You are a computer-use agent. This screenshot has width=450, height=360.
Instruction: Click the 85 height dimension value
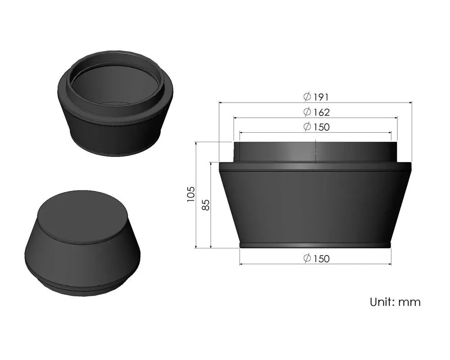coord(206,205)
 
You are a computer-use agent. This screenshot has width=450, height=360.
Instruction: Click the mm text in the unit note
coord(409,301)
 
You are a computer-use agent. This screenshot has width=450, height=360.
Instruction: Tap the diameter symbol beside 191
coord(307,97)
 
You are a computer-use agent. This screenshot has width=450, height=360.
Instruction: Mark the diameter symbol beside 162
coord(307,112)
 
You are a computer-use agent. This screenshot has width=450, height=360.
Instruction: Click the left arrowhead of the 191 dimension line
coord(221,103)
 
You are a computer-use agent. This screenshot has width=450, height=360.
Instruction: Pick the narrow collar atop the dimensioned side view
coord(288,152)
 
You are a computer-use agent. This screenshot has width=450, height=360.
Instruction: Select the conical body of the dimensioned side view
coord(315,202)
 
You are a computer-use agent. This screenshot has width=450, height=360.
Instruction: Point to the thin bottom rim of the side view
coord(315,246)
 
